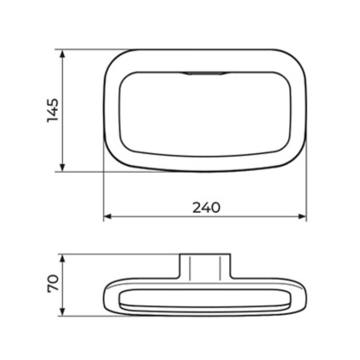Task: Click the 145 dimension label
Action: pos(53,111)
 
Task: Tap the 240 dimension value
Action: pos(206,208)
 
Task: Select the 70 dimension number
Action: pos(53,283)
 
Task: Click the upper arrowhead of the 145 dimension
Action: pos(63,54)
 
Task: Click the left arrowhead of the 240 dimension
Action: pos(108,216)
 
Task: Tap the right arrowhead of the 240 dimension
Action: pos(302,216)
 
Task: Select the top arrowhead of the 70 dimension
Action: pos(63,259)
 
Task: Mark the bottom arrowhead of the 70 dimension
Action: pos(63,311)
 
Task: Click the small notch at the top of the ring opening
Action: pos(205,73)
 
